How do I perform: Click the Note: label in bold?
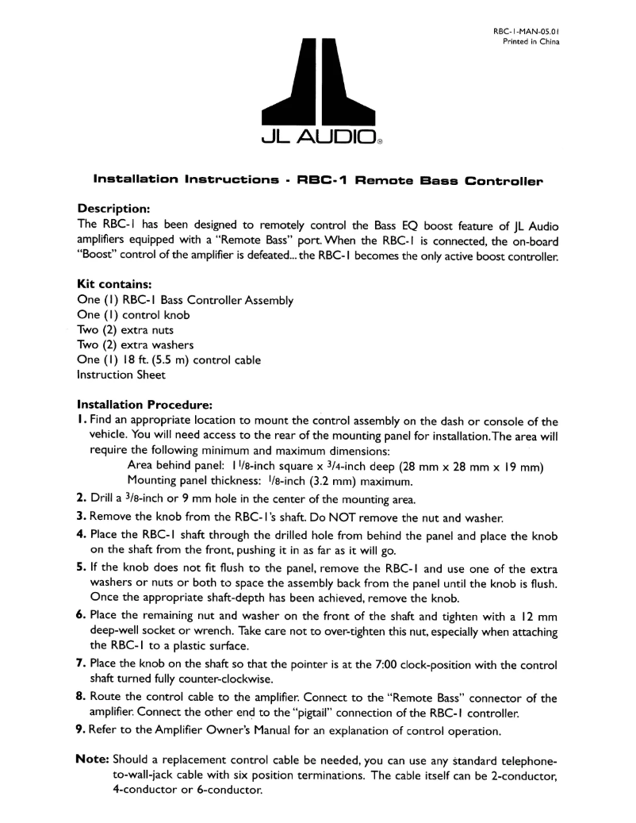click(92, 758)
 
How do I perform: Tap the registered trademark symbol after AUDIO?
click(380, 144)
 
